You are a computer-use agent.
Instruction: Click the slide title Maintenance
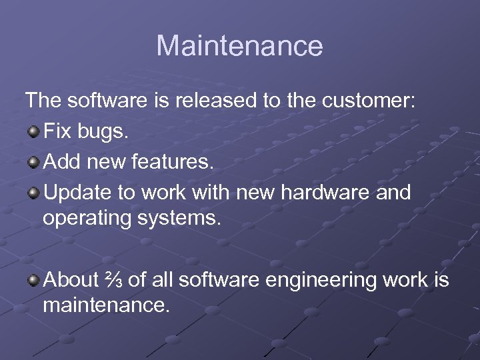(239, 46)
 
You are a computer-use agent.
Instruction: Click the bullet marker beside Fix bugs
(33, 132)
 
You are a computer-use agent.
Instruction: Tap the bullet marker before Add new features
(33, 163)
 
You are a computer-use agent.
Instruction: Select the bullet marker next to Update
(33, 193)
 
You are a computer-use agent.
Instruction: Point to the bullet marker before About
(33, 281)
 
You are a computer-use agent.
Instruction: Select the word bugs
(101, 133)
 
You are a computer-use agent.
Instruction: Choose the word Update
(75, 193)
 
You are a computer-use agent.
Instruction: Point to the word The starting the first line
(44, 102)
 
